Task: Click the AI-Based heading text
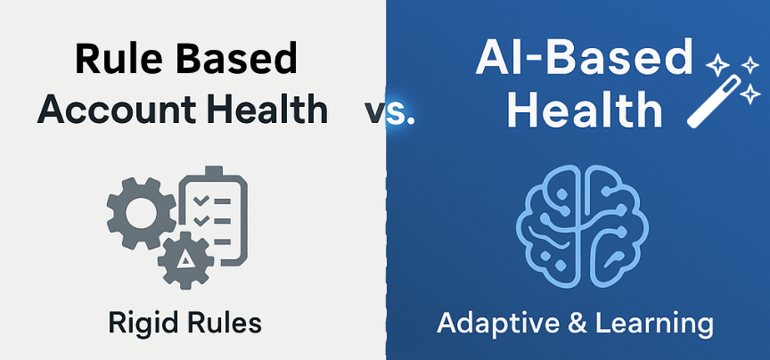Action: (584, 58)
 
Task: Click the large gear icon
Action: (141, 214)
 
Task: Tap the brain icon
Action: (583, 226)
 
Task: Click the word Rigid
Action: (141, 325)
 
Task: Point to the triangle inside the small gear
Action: (185, 260)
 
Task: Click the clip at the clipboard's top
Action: (213, 172)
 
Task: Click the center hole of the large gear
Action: (141, 214)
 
